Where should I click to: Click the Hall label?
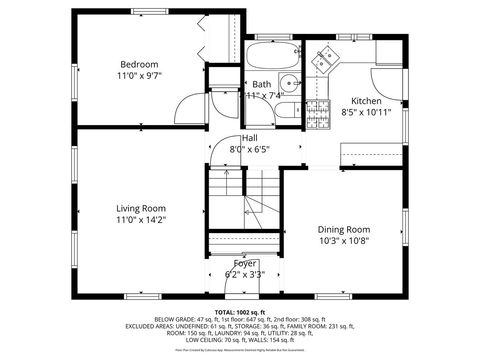click(x=249, y=138)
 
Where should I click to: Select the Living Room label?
click(x=140, y=208)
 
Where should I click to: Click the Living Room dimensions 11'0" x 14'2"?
click(x=140, y=221)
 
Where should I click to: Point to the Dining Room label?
click(x=343, y=228)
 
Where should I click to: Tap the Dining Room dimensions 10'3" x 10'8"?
click(x=343, y=240)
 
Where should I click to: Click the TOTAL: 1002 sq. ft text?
click(x=240, y=312)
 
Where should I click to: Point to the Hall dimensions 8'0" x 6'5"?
click(x=249, y=150)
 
